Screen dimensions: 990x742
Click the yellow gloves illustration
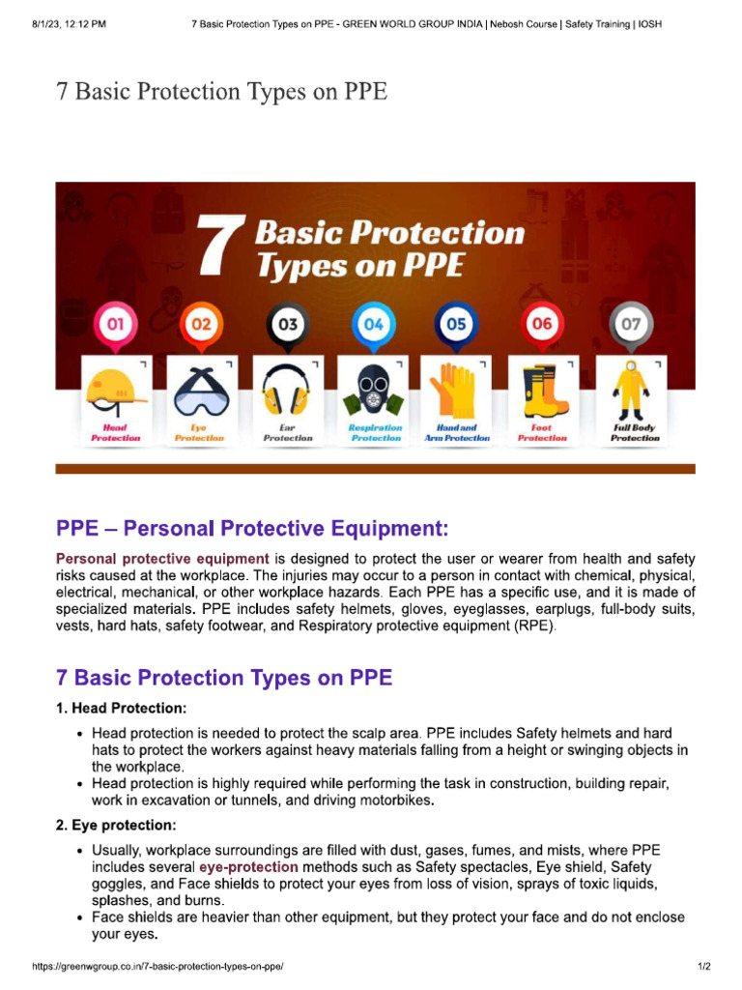(456, 389)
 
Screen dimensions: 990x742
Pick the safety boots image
(542, 389)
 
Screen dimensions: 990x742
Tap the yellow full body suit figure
(630, 389)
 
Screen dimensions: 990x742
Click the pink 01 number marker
(115, 325)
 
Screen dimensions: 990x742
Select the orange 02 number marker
(200, 325)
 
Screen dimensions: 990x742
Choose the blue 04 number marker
(372, 325)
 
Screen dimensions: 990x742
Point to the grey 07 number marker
(630, 325)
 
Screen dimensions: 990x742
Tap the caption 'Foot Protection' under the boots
(542, 432)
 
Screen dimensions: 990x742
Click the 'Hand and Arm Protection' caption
(457, 432)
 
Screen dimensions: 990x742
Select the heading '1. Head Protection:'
(121, 708)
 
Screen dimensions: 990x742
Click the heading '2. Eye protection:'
(116, 826)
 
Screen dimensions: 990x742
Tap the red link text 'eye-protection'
(248, 867)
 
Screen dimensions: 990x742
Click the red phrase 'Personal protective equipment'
(162, 559)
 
